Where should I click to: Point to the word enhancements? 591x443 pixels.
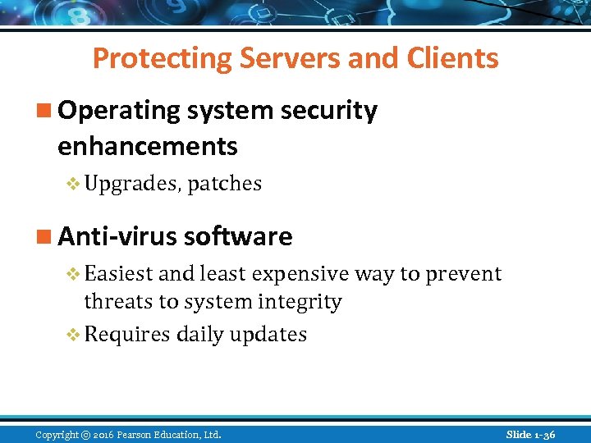pos(148,147)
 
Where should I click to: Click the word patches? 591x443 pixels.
pos(224,184)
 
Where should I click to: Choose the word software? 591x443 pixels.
pos(238,236)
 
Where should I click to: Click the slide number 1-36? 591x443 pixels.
pos(545,434)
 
